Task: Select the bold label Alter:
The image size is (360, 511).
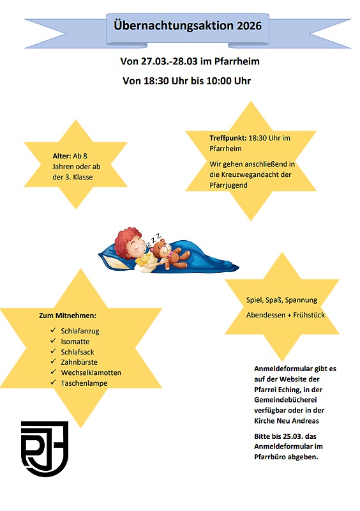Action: [x=61, y=156]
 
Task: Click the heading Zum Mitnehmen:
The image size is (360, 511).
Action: [x=68, y=316]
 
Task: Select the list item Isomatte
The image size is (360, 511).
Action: [x=75, y=342]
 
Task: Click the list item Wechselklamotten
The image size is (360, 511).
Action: [x=91, y=372]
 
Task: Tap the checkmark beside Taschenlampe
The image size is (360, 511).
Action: [x=52, y=383]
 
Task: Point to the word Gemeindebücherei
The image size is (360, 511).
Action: [x=287, y=400]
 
